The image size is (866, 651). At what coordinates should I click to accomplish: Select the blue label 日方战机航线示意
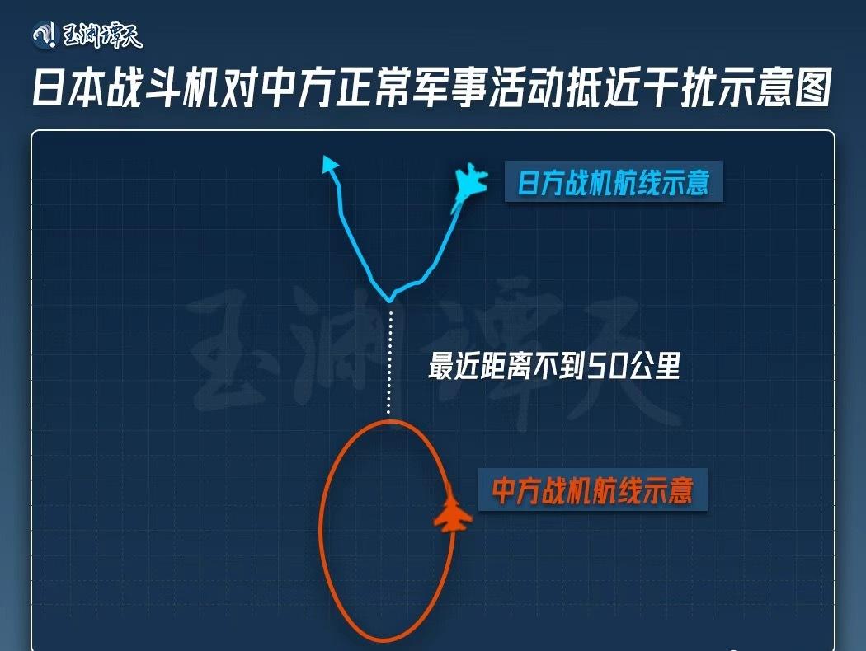coord(613,182)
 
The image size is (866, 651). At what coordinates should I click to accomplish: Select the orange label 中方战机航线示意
coord(592,491)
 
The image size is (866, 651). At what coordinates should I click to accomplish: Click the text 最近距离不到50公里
coord(553,367)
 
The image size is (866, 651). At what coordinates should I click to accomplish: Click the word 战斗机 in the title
coord(162,88)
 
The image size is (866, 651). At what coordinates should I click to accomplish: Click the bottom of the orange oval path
coord(384,640)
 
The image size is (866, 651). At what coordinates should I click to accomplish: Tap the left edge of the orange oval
coord(321,532)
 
